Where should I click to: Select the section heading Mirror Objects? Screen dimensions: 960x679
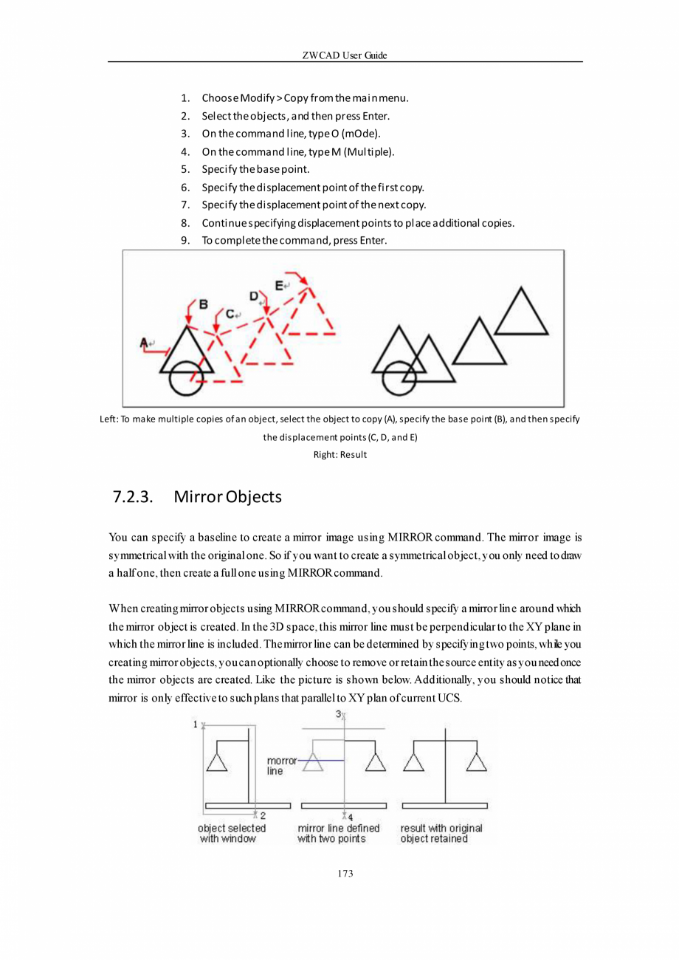(x=227, y=496)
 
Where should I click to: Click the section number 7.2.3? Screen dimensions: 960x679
(x=133, y=496)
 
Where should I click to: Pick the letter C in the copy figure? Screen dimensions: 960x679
(x=230, y=314)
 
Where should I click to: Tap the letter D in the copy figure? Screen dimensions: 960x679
(x=253, y=296)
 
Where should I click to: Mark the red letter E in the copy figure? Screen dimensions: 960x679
(x=279, y=285)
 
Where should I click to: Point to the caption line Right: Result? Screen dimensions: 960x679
(x=340, y=454)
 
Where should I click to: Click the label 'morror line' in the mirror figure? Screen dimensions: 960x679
(x=280, y=765)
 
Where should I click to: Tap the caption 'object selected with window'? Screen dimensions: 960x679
(x=232, y=834)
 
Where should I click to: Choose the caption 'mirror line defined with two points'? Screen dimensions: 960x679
(x=338, y=834)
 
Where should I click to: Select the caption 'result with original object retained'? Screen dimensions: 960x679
(x=441, y=834)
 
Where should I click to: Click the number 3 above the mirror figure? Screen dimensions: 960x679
(x=339, y=714)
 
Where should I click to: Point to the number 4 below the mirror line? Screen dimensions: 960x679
(x=350, y=817)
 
